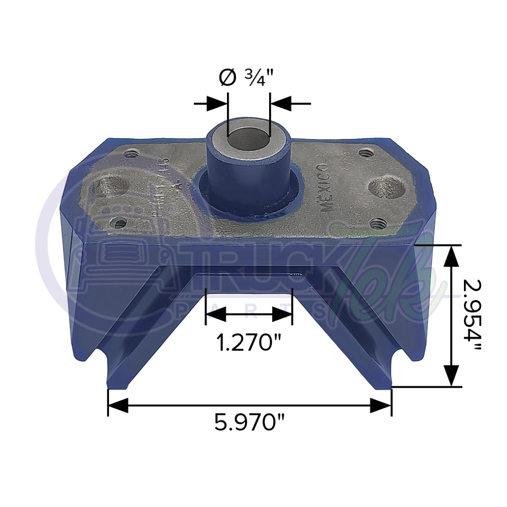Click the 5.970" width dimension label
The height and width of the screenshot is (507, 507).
coord(250,422)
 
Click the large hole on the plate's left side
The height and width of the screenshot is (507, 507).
coord(111,186)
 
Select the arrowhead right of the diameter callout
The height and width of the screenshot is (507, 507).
coord(280,103)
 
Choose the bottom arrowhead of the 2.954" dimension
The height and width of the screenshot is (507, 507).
coord(452,376)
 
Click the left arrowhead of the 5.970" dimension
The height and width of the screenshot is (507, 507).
coord(118,406)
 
